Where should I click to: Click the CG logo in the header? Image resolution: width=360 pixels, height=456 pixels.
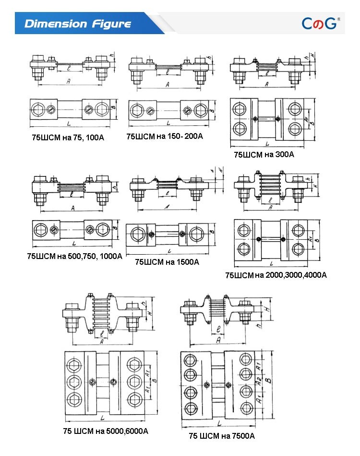[319, 23]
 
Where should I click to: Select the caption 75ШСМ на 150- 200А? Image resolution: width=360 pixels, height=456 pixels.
[165, 136]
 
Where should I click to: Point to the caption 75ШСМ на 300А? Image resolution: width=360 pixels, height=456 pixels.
[264, 155]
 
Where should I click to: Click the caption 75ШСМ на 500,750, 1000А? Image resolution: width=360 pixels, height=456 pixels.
[74, 257]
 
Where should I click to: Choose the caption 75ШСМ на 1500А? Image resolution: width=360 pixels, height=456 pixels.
[167, 262]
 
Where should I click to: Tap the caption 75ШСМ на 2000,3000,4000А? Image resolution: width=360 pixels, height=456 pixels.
[276, 275]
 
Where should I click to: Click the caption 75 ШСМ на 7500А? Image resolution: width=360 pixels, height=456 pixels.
[222, 436]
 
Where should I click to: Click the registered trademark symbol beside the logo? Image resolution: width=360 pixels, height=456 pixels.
[338, 19]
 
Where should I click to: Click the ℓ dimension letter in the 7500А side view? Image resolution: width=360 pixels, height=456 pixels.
[218, 330]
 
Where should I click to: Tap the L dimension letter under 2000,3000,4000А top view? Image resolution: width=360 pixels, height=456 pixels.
[272, 263]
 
